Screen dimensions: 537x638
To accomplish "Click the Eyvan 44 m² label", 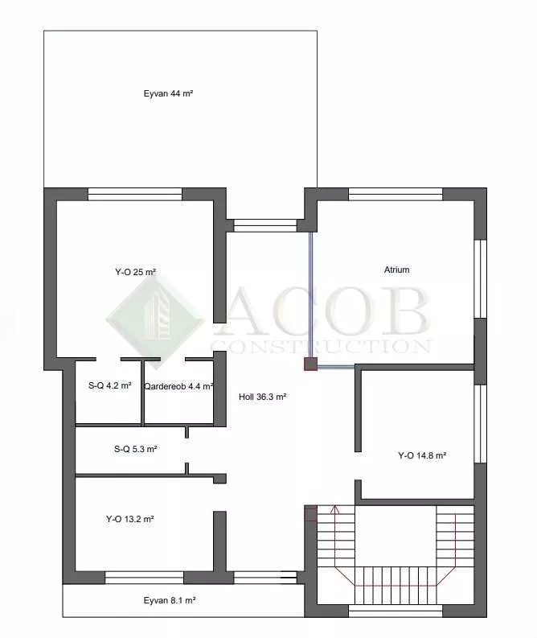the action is (x=168, y=93).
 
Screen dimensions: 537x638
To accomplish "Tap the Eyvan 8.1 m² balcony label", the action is (x=170, y=600).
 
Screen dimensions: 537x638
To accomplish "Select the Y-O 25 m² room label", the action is (x=135, y=272).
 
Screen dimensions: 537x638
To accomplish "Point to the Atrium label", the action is (x=397, y=270).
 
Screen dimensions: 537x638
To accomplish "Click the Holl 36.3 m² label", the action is (x=263, y=397).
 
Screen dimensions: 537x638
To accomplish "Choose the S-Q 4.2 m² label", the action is (x=110, y=385).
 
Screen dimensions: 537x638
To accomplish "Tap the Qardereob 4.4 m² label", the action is (x=178, y=386).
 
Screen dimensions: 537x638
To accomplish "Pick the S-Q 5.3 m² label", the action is (x=135, y=449).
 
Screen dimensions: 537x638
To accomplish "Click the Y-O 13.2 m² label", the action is (x=129, y=519).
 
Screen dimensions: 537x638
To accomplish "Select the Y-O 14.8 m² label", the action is (x=422, y=455).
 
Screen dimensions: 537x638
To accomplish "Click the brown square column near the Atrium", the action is (x=310, y=364).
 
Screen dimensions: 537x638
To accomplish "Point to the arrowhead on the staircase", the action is (x=335, y=508).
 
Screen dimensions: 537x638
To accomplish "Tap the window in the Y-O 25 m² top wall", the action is (x=135, y=194).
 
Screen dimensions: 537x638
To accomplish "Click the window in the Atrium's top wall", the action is (x=396, y=194).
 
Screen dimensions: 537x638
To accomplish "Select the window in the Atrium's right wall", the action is (x=481, y=278).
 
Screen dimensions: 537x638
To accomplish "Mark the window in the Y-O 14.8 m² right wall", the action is (x=481, y=423).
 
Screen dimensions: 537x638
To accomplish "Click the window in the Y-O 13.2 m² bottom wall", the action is (x=145, y=578).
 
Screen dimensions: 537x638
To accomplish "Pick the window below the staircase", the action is (x=396, y=611).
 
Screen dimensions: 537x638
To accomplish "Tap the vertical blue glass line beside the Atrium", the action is (x=311, y=294).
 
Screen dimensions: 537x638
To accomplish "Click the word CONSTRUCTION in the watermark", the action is (x=321, y=346).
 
